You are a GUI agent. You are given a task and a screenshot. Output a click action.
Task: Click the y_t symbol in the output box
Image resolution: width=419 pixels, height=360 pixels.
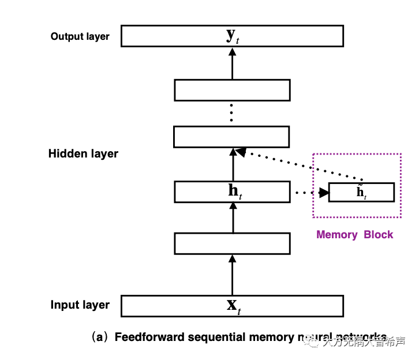[x=233, y=36]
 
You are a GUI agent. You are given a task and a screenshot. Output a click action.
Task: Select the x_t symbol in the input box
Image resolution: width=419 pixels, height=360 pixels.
[x=233, y=306]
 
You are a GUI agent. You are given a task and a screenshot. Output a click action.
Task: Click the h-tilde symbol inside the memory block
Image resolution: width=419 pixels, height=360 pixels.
[x=361, y=192]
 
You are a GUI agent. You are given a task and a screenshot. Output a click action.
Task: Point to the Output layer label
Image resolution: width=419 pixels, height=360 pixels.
[x=80, y=36]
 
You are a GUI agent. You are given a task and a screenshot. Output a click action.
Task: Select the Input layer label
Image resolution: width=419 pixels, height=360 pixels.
[x=80, y=305]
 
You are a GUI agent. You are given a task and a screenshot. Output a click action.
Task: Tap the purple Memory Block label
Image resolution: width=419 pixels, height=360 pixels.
[x=354, y=234]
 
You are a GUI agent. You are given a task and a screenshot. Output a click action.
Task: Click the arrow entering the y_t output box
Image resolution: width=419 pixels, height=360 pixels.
[x=233, y=63]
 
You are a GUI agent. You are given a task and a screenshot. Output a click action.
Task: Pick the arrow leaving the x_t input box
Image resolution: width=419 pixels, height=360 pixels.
[x=233, y=275]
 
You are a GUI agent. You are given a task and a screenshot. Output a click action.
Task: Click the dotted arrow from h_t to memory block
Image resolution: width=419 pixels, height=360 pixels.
[x=309, y=192]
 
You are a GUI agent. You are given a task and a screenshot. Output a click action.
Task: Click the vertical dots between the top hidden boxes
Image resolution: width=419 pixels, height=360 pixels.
[x=231, y=113]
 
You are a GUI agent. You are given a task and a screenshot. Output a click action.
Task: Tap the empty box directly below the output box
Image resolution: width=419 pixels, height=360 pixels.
[x=232, y=90]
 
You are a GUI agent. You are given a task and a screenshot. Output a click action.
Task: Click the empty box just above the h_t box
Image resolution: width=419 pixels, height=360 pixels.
[x=231, y=137]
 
